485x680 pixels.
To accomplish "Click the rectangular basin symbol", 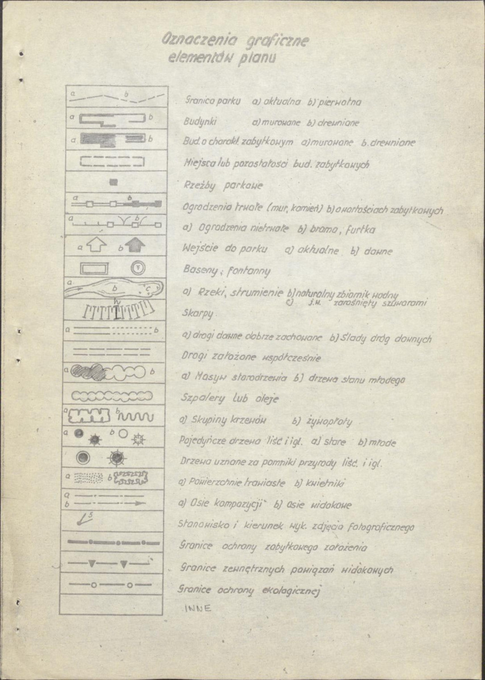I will click(95, 267).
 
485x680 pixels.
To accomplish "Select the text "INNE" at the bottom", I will click(198, 609).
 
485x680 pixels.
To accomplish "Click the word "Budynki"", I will click(201, 122).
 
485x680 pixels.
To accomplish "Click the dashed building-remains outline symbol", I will click(115, 161).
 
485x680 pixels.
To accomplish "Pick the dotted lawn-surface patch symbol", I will click(89, 478).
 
